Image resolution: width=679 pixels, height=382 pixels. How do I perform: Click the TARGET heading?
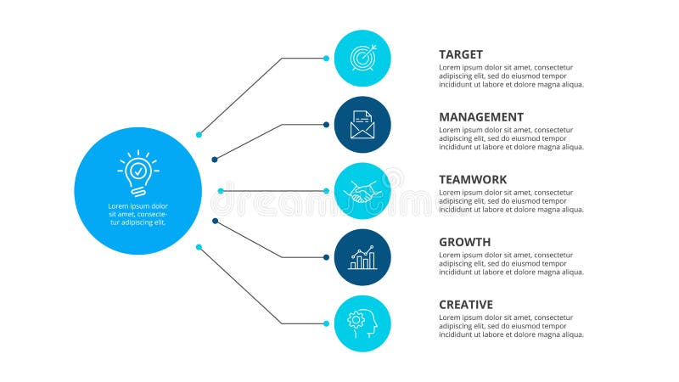tap(461, 54)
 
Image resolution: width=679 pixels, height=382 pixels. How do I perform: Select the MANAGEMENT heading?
tap(481, 117)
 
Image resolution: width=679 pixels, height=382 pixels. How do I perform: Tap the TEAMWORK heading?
tap(473, 180)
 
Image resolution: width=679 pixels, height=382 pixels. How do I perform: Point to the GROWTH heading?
tap(464, 242)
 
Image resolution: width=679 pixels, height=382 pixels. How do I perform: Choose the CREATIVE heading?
tap(466, 305)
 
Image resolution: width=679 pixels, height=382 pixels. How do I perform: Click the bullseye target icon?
tap(362, 58)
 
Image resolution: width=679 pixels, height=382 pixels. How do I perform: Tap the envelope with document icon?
tap(362, 125)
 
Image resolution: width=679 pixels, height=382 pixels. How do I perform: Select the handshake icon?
tap(362, 192)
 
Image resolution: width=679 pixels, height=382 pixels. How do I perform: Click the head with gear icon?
tap(362, 323)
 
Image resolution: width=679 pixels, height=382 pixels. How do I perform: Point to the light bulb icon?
tap(137, 173)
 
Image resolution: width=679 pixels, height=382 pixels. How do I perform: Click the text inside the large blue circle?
tap(137, 214)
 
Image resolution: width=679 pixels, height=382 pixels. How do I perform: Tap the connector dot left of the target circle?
tap(327, 59)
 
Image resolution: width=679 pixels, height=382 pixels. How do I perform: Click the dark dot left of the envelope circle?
tap(327, 125)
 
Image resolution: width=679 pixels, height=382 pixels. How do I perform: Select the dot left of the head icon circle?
tap(327, 323)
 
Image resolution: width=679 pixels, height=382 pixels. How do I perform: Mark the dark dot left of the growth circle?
tap(327, 257)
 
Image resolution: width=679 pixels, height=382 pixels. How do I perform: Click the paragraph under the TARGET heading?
tap(511, 76)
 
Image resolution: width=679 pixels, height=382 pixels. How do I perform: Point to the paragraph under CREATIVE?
tap(511, 326)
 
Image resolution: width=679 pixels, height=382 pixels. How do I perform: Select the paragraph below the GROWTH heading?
tap(511, 263)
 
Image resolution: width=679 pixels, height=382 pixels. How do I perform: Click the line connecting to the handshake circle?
tap(272, 191)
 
